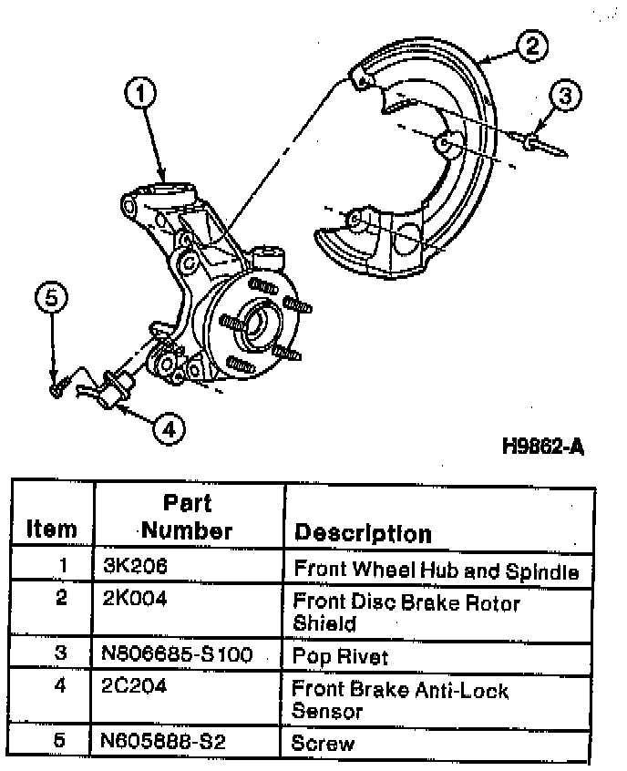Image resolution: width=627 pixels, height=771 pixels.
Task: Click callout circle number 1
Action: tap(141, 92)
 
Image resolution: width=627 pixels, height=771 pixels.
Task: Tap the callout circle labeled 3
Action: tap(566, 95)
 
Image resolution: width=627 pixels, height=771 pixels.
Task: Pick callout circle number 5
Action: tap(52, 299)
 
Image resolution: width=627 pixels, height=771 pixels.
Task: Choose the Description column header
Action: tap(363, 532)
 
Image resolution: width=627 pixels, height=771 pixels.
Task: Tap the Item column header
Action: tap(52, 529)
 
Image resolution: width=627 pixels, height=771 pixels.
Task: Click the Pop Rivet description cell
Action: tap(340, 655)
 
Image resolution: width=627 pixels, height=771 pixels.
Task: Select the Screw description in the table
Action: tap(324, 744)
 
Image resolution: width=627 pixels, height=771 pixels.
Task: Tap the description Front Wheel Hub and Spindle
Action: tap(436, 571)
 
